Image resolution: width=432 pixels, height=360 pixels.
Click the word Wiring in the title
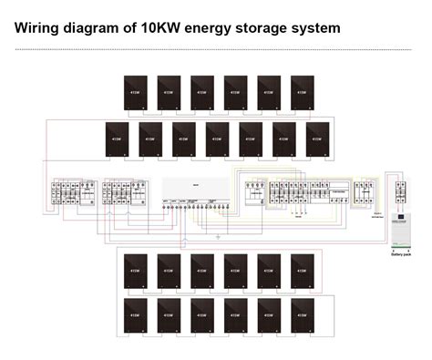tap(38, 27)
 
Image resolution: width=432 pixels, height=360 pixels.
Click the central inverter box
tap(194, 189)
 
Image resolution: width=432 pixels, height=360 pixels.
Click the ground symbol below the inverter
tap(217, 238)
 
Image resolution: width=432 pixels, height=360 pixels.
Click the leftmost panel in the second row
tap(117, 139)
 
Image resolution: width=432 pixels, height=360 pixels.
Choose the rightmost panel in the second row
tap(318, 139)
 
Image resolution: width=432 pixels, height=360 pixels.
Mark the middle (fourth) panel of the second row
tap(217, 139)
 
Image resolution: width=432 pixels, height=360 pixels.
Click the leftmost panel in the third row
tap(135, 270)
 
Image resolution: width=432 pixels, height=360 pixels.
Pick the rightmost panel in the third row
tap(302, 270)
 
